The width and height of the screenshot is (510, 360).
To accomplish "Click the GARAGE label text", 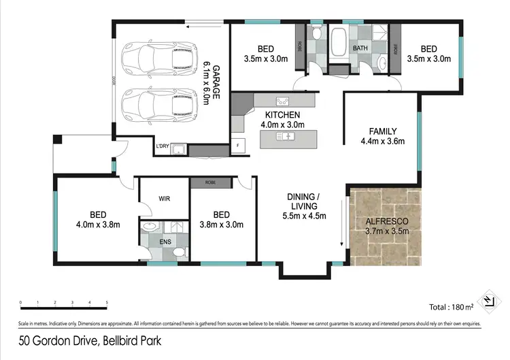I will point(212,81).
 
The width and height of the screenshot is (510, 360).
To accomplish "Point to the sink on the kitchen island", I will point(285,137).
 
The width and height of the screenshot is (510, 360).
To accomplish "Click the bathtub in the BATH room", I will point(338,42).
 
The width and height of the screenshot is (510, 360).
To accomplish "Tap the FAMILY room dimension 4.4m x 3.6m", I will point(383,142).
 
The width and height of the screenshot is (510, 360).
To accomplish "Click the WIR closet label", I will point(163,199).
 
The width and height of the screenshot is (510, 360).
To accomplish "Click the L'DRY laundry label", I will point(163,146).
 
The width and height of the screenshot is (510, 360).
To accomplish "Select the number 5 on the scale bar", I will point(107,301).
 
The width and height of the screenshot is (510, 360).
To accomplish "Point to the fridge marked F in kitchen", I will point(237,146).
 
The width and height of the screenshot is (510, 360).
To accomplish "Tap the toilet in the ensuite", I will point(178,252).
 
